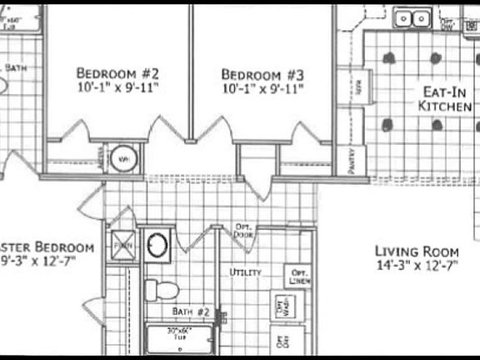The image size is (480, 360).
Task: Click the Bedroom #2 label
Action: tap(117, 72)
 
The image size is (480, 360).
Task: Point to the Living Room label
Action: tap(417, 251)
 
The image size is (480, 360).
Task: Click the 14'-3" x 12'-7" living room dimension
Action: tap(417, 266)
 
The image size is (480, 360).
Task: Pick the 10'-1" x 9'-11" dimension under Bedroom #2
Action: tap(117, 86)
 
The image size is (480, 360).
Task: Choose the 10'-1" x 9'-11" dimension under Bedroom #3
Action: tap(262, 87)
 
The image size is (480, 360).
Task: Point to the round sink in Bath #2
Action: tap(157, 244)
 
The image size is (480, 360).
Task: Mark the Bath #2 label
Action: tap(191, 312)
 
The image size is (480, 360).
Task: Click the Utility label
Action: tap(246, 272)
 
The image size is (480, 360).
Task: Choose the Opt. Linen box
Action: tap(298, 277)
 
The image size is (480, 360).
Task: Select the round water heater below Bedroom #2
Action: tap(123, 157)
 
